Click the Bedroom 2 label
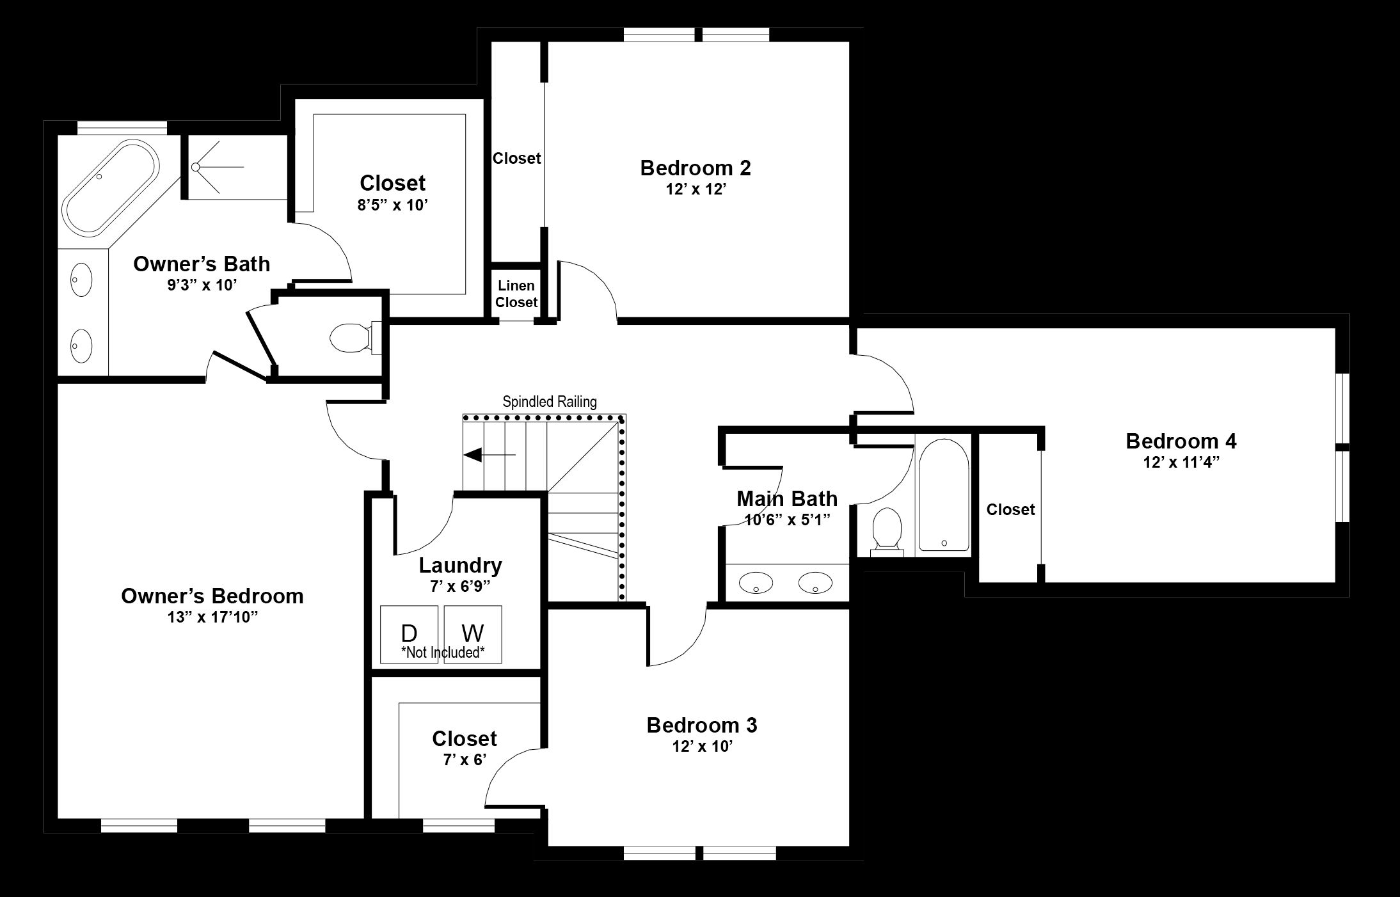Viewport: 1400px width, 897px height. pos(696,168)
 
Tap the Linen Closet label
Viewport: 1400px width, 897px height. pos(516,294)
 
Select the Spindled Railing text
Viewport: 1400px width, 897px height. pos(550,402)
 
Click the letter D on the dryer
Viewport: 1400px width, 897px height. pos(409,633)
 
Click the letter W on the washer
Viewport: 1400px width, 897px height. pos(472,633)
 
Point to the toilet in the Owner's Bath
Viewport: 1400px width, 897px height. pos(356,338)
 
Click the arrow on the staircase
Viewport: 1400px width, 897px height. pos(489,455)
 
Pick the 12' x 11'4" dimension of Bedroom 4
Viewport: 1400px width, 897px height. pos(1181,463)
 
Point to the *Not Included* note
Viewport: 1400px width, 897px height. pos(443,653)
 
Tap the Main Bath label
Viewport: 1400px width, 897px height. pos(787,498)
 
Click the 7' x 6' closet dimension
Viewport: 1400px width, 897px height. pos(465,759)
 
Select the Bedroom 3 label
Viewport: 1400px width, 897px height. pos(702,726)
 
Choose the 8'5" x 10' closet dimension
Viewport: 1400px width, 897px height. pos(392,205)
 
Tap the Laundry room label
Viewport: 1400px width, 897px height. pos(461,566)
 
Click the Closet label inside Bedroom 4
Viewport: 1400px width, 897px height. pos(1010,509)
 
